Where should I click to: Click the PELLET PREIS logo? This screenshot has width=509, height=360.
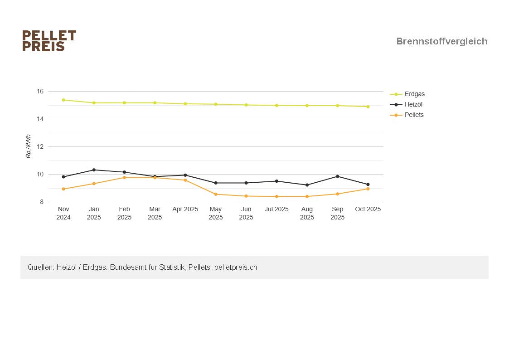49,41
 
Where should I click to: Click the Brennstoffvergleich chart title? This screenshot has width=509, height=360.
441,41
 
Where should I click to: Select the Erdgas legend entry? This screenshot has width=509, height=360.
414,94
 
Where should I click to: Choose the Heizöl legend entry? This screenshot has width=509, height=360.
413,105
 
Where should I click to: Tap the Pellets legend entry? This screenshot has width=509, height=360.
414,115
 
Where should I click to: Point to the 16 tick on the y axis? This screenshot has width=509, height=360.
40,92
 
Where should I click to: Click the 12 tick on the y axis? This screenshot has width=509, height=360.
40,147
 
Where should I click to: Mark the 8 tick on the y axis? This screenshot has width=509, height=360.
41,202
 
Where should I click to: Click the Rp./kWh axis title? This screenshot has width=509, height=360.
28,146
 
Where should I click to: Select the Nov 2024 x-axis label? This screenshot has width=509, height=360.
63,213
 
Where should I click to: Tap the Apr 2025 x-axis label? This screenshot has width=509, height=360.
185,209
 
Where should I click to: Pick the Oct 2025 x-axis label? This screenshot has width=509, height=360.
368,209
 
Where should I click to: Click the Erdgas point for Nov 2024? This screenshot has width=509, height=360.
63,100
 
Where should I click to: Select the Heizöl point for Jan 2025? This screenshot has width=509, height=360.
94,170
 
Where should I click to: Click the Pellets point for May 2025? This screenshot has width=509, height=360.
216,195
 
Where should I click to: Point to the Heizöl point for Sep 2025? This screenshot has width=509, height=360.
338,176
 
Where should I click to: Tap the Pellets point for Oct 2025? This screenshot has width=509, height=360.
368,189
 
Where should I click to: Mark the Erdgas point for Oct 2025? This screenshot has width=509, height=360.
368,107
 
